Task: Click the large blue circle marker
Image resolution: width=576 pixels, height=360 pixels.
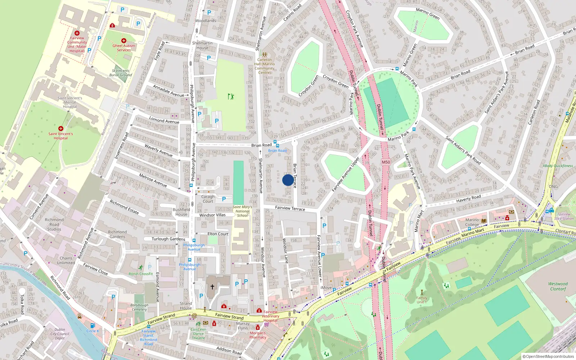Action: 288,180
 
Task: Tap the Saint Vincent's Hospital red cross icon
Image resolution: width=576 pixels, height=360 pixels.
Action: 61,128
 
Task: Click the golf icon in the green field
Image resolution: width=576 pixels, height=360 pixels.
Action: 231,96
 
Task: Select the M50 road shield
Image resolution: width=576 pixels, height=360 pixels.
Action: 386,162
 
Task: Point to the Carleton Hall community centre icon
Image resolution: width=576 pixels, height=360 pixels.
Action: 265,54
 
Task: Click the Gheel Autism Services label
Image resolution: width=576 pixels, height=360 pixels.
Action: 124,48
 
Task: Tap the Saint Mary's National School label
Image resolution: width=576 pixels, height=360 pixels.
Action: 242,211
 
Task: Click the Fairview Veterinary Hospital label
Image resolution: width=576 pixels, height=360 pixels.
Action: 271,316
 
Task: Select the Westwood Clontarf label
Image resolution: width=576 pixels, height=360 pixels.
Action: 558,286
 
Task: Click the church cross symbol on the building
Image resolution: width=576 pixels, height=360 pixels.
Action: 212,287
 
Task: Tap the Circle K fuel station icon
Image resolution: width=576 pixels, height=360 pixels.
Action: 93,325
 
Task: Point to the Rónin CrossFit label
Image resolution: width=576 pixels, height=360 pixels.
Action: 141,274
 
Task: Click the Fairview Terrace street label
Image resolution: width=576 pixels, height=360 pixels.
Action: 290,208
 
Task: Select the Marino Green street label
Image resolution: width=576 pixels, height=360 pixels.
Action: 428,14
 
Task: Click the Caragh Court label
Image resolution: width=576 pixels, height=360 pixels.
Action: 208,199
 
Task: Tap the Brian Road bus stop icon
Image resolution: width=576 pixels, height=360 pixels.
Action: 275,143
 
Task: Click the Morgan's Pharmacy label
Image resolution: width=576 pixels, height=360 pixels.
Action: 258,335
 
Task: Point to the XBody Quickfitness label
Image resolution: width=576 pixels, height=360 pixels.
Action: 558,166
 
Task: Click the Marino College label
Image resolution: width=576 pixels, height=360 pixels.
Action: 472,222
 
